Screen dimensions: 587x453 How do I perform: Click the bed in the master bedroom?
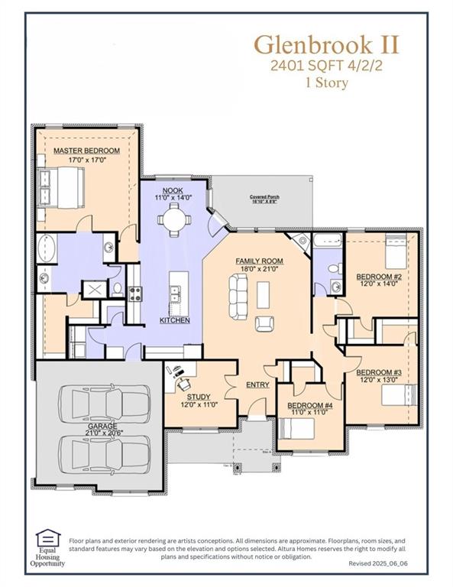pyautogui.click(x=62, y=186)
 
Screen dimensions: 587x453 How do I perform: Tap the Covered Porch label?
pyautogui.click(x=264, y=197)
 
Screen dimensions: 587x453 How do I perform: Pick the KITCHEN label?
pyautogui.click(x=175, y=319)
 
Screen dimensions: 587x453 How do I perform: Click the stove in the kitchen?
pyautogui.click(x=134, y=293)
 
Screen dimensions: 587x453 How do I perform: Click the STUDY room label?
pyautogui.click(x=196, y=397)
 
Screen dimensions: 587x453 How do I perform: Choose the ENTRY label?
pyautogui.click(x=257, y=384)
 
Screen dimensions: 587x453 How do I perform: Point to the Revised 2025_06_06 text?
pyautogui.click(x=380, y=563)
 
